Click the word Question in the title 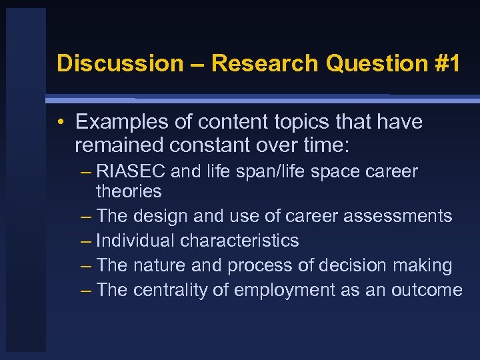[x=373, y=63]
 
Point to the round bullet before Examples [x=61, y=123]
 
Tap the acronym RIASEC [x=131, y=171]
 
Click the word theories [x=129, y=191]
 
